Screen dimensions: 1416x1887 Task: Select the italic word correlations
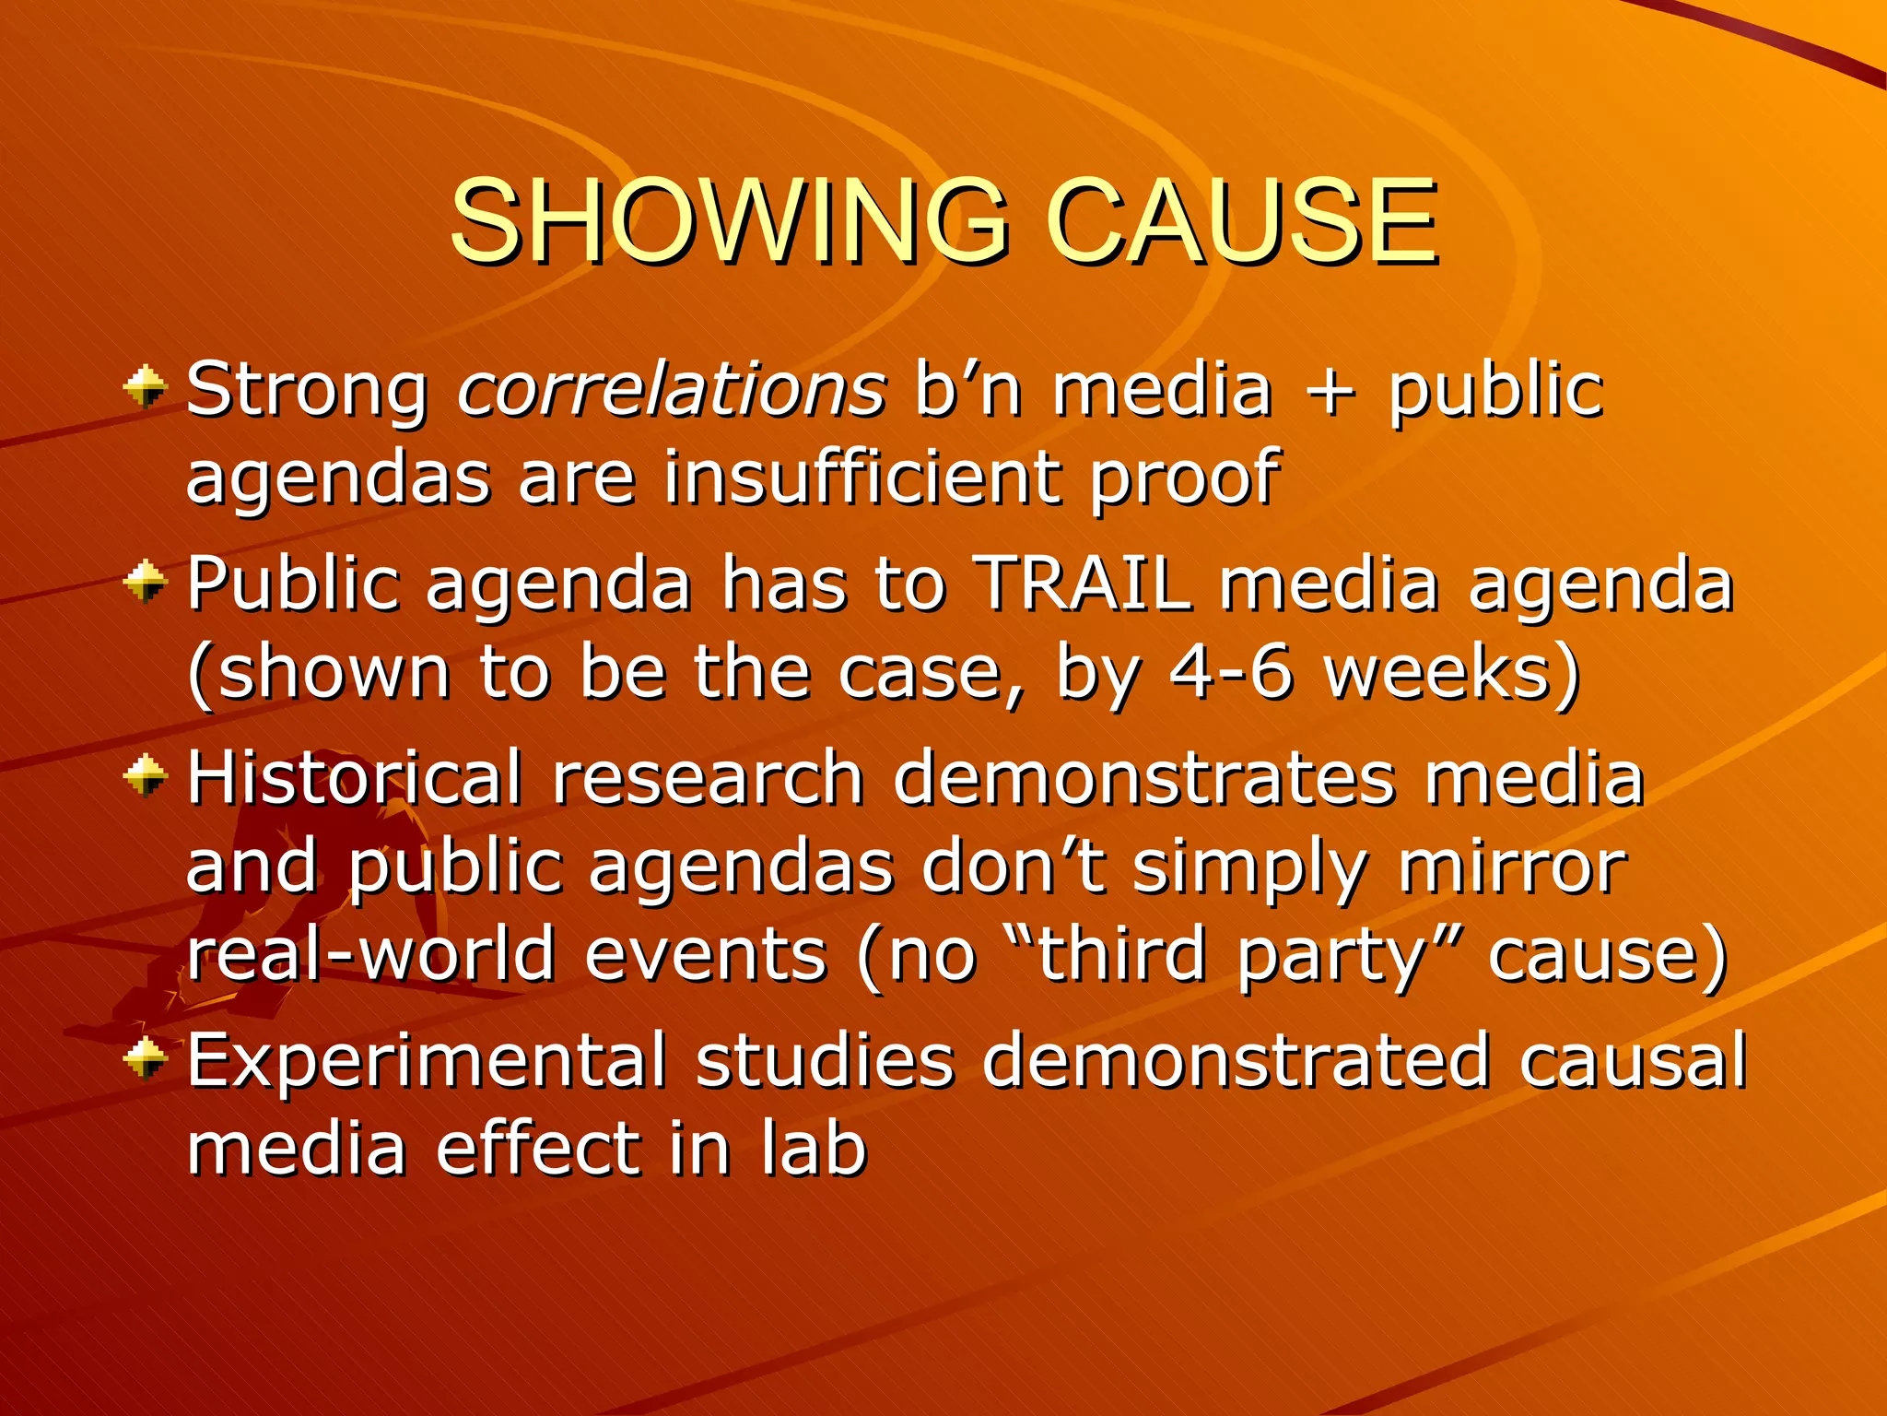click(672, 389)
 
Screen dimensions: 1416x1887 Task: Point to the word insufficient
click(861, 478)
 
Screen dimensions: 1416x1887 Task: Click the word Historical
click(355, 777)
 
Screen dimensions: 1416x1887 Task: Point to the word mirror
click(1512, 867)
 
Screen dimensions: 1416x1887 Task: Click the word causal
click(1633, 1060)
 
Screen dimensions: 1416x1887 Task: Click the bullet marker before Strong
click(145, 386)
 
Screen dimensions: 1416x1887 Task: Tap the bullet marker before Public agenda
click(145, 582)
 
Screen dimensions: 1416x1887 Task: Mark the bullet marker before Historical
click(145, 777)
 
